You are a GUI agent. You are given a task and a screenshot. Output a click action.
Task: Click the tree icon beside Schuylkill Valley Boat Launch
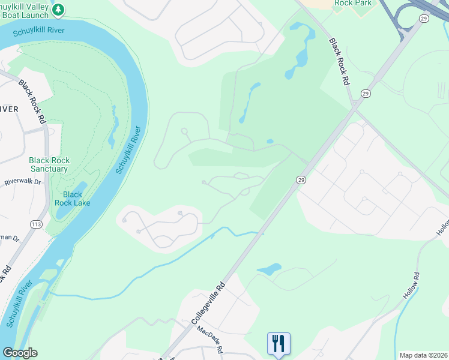pos(58,10)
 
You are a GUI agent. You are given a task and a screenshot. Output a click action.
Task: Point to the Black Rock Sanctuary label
pos(49,165)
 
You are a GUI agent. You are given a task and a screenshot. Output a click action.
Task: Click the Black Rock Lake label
pos(72,199)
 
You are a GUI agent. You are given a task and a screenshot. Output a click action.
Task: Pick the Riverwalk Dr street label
pos(22,182)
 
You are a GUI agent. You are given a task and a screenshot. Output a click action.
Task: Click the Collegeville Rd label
pos(208,304)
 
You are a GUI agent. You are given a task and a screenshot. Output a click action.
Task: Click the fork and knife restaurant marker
pos(278,344)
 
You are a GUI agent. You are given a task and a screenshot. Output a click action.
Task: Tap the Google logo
pos(20,353)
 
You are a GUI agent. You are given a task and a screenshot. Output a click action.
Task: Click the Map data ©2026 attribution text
pos(423,355)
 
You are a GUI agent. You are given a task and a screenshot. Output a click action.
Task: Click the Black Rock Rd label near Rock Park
pos(339,62)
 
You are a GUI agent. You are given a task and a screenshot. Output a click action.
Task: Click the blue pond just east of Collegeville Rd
pos(269,269)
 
